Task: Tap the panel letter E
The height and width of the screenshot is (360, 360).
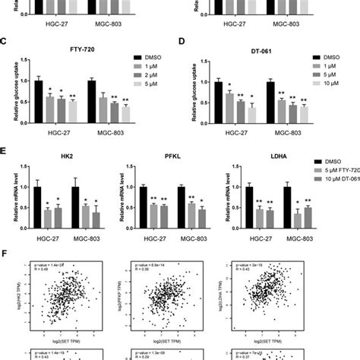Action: pos(5,153)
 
